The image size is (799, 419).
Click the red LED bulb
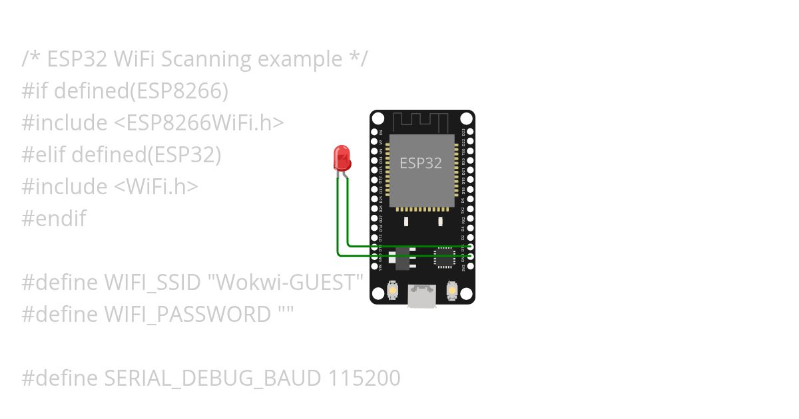tap(342, 158)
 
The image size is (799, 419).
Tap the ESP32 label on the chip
tap(420, 163)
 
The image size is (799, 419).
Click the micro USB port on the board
tap(421, 296)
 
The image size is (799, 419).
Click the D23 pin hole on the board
tap(471, 132)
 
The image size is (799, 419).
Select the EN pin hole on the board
tap(374, 132)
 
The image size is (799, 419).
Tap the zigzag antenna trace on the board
tap(421, 122)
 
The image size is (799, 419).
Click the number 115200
tap(364, 378)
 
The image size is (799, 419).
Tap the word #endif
tap(54, 219)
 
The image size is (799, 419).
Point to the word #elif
tap(43, 155)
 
